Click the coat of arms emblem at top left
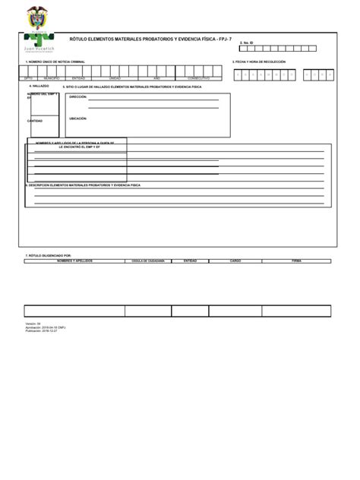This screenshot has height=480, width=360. tap(36, 17)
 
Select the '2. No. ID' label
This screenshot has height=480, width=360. tap(246, 43)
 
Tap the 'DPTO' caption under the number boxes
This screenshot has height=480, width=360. tap(29, 78)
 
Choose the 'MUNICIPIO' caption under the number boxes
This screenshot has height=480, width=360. tap(52, 78)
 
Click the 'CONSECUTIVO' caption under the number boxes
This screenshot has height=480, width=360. tap(199, 78)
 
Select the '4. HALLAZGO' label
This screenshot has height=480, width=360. tap(39, 86)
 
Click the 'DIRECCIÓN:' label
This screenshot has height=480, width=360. tap(78, 96)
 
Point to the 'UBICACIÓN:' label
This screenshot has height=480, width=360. tap(78, 118)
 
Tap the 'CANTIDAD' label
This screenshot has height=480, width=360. tap(35, 121)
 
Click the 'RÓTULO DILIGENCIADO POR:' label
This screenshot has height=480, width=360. tap(49, 255)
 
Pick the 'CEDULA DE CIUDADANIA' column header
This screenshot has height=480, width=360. tap(149, 260)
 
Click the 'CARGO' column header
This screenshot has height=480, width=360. tap(235, 260)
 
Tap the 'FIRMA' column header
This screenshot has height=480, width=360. tap(296, 260)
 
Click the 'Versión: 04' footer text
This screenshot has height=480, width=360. tap(33, 323)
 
